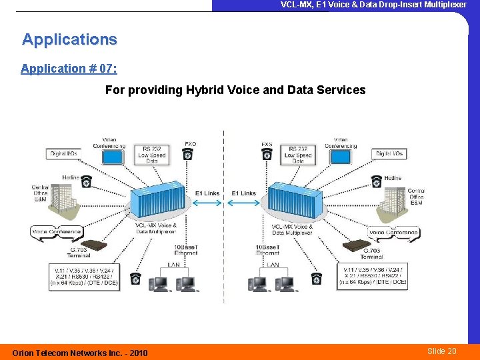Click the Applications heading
click(69, 40)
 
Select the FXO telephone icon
click(188, 154)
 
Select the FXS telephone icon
click(267, 154)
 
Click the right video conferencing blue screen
click(341, 157)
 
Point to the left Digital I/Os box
click(64, 154)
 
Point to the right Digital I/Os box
click(391, 154)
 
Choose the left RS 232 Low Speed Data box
click(153, 155)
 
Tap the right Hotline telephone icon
click(377, 181)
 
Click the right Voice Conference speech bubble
click(393, 233)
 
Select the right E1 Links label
click(243, 193)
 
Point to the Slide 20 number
click(442, 351)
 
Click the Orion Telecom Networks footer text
click(80, 353)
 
